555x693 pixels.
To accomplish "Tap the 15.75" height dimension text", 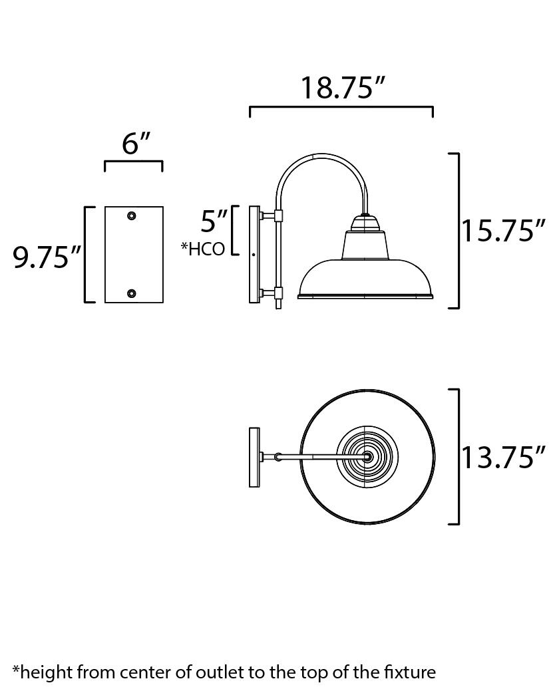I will click(504, 231).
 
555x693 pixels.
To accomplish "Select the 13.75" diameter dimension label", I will click(504, 457).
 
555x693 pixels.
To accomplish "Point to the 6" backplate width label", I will click(136, 143).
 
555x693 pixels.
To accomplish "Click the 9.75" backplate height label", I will click(47, 257).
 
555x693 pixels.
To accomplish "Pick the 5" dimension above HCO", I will click(214, 220).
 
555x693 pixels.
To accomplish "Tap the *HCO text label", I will click(203, 249).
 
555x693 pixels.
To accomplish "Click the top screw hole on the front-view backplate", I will click(132, 215).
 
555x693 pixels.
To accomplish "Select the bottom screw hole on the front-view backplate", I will click(132, 293).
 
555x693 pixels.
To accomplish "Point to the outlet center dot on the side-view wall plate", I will click(254, 255).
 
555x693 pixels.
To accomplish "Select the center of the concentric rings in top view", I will click(367, 457).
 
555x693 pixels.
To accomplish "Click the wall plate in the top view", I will click(254, 458).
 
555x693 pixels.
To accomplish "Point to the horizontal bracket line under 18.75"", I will click(341, 107).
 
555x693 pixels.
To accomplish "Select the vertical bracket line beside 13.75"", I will click(459, 456).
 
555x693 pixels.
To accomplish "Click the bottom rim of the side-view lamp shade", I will click(365, 296).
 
